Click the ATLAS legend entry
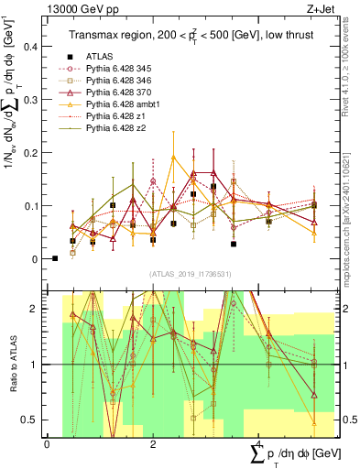(100, 56)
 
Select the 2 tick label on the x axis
(153, 444)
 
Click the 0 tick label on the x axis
(47, 444)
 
